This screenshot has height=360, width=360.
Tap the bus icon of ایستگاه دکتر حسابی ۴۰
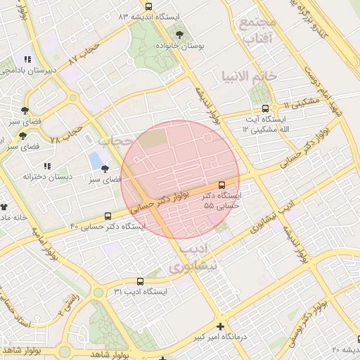(108, 216)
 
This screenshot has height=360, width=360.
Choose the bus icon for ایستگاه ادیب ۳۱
(140, 281)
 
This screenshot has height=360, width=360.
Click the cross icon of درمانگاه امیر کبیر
(221, 326)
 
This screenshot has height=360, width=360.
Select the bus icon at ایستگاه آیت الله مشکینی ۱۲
(265, 108)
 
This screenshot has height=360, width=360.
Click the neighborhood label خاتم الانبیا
(247, 76)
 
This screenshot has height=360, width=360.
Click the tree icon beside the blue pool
(105, 169)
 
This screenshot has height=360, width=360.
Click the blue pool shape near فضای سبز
(94, 160)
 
